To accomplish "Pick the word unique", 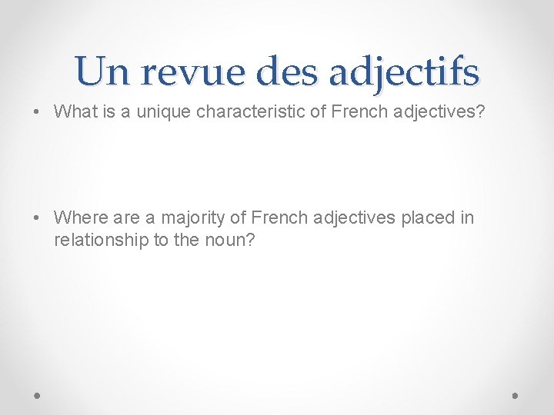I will [x=156, y=111].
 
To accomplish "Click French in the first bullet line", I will [x=351, y=111].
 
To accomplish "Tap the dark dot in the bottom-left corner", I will [x=38, y=395].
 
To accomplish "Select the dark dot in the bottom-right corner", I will [x=515, y=395].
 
